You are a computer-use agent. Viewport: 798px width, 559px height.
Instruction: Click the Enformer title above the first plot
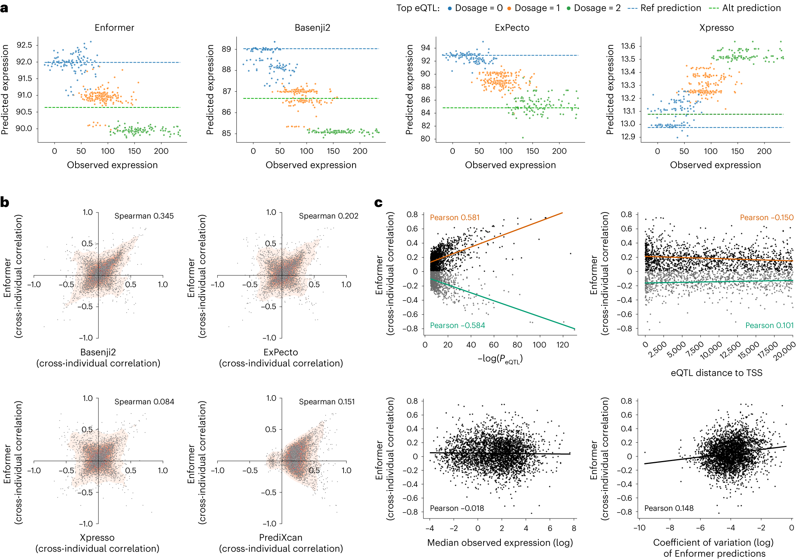(114, 28)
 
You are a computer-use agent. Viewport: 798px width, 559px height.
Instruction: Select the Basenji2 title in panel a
(312, 28)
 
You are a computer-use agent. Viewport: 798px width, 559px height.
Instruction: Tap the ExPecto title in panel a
(512, 28)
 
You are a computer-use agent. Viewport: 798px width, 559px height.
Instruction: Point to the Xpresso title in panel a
(716, 28)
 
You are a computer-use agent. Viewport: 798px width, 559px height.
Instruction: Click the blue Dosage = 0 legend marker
(450, 8)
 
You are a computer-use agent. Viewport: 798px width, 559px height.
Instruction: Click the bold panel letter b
(5, 202)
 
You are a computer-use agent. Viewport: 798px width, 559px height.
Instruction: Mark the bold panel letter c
(378, 203)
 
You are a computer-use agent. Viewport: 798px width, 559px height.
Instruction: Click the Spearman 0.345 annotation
(144, 216)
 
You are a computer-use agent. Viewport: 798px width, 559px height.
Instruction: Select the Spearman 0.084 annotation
(144, 401)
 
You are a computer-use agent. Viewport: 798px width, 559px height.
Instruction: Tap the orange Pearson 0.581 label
(455, 218)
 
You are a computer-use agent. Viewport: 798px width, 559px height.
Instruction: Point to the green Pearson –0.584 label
(457, 326)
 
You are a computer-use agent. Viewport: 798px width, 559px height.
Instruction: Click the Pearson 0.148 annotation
(669, 508)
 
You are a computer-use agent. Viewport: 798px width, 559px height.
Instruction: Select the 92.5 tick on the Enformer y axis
(24, 45)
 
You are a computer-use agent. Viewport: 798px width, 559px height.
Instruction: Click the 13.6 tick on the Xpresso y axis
(628, 46)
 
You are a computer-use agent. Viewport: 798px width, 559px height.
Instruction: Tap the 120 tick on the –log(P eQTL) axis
(562, 345)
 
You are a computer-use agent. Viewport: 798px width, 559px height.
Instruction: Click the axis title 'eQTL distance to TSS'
(716, 373)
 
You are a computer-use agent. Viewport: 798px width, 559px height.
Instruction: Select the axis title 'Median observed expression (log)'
(500, 542)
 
